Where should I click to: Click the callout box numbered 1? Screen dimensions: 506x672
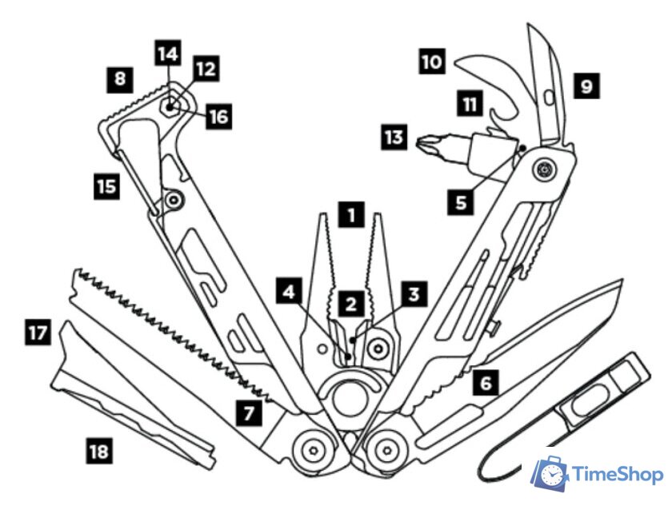pyautogui.click(x=350, y=215)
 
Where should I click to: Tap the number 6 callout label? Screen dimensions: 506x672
pyautogui.click(x=485, y=382)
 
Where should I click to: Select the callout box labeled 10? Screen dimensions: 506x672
pyautogui.click(x=431, y=62)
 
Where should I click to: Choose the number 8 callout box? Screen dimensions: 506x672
pyautogui.click(x=120, y=79)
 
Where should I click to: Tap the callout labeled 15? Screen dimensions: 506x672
pyautogui.click(x=105, y=187)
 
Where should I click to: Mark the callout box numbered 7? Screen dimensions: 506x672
pyautogui.click(x=249, y=412)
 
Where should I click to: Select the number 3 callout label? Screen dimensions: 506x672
pyautogui.click(x=413, y=293)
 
